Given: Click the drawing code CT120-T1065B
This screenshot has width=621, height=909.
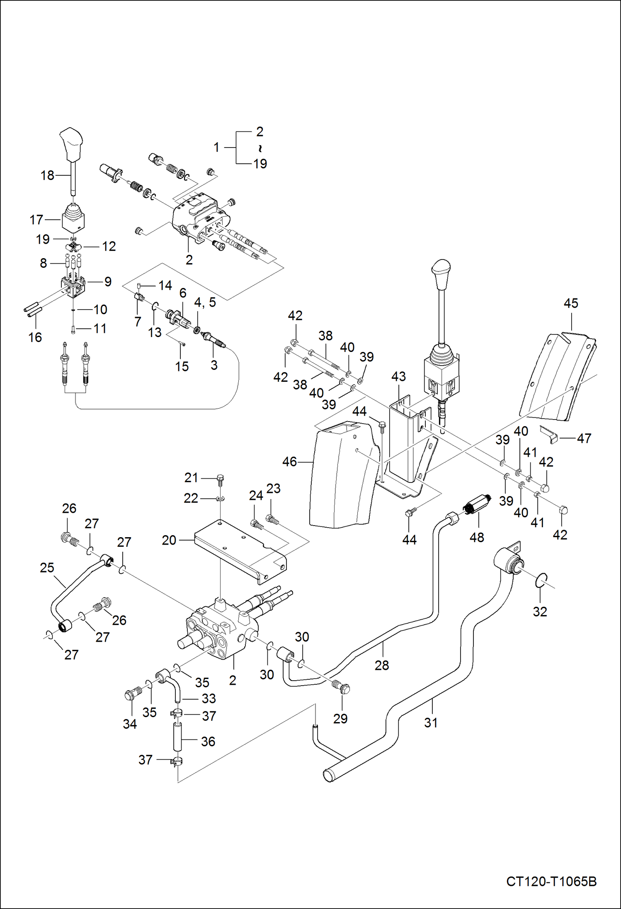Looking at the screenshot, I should point(551,881).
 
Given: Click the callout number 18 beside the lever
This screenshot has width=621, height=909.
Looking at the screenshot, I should point(47,175).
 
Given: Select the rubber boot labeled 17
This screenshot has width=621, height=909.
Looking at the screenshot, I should point(73,221).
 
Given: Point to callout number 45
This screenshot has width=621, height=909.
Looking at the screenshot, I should point(570,303).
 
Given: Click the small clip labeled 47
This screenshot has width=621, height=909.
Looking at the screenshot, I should point(550,434).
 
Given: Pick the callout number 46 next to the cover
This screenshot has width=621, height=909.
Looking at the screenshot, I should point(289,461).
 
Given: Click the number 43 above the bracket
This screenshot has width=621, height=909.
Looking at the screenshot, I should point(398,376).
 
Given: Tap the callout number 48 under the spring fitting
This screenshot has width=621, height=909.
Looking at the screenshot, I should point(477,537).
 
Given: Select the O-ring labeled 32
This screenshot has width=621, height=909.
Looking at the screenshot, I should point(541,580).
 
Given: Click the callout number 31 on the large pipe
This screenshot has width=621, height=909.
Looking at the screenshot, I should point(431,722).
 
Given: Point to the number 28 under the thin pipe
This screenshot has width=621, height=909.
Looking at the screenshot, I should point(381,665).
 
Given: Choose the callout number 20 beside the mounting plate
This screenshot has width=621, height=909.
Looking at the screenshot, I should point(169,540).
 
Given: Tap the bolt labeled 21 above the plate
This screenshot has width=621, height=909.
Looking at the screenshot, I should point(220,480).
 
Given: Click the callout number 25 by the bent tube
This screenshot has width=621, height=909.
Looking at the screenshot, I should point(47,567).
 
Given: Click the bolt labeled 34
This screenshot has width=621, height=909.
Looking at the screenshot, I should point(131,695).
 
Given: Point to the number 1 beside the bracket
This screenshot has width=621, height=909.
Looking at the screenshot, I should point(216,147).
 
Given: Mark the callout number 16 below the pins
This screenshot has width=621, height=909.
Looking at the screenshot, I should point(35,337).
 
